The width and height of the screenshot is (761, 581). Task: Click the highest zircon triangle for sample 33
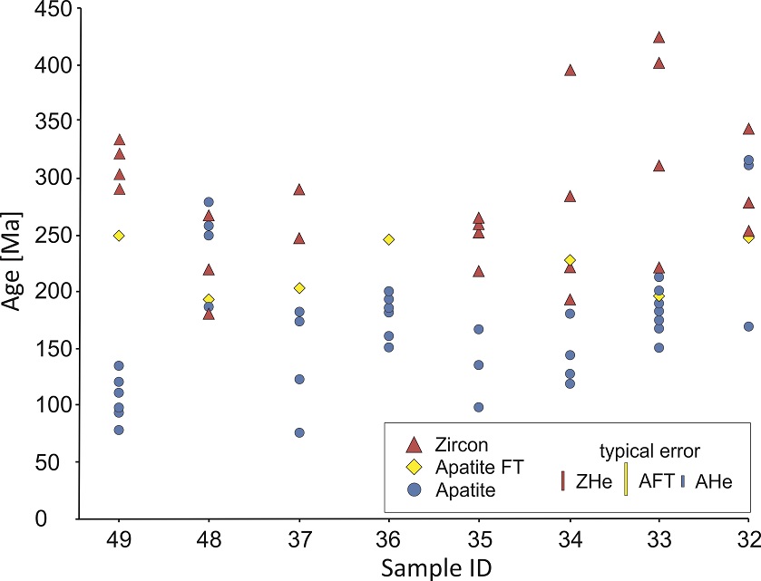(x=659, y=38)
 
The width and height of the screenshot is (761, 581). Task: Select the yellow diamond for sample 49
(x=119, y=236)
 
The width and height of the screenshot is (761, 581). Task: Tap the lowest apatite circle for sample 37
(x=299, y=433)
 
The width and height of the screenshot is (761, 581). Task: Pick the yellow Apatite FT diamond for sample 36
(x=389, y=239)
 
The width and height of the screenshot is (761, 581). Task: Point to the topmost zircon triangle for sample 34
(x=571, y=71)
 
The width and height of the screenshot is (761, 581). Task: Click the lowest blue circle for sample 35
(x=479, y=408)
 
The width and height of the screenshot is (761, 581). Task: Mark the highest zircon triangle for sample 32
(x=748, y=130)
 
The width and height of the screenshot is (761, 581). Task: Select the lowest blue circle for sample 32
(x=748, y=326)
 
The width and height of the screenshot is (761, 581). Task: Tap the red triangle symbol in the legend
(x=414, y=445)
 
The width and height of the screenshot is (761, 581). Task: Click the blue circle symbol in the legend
(x=414, y=489)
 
